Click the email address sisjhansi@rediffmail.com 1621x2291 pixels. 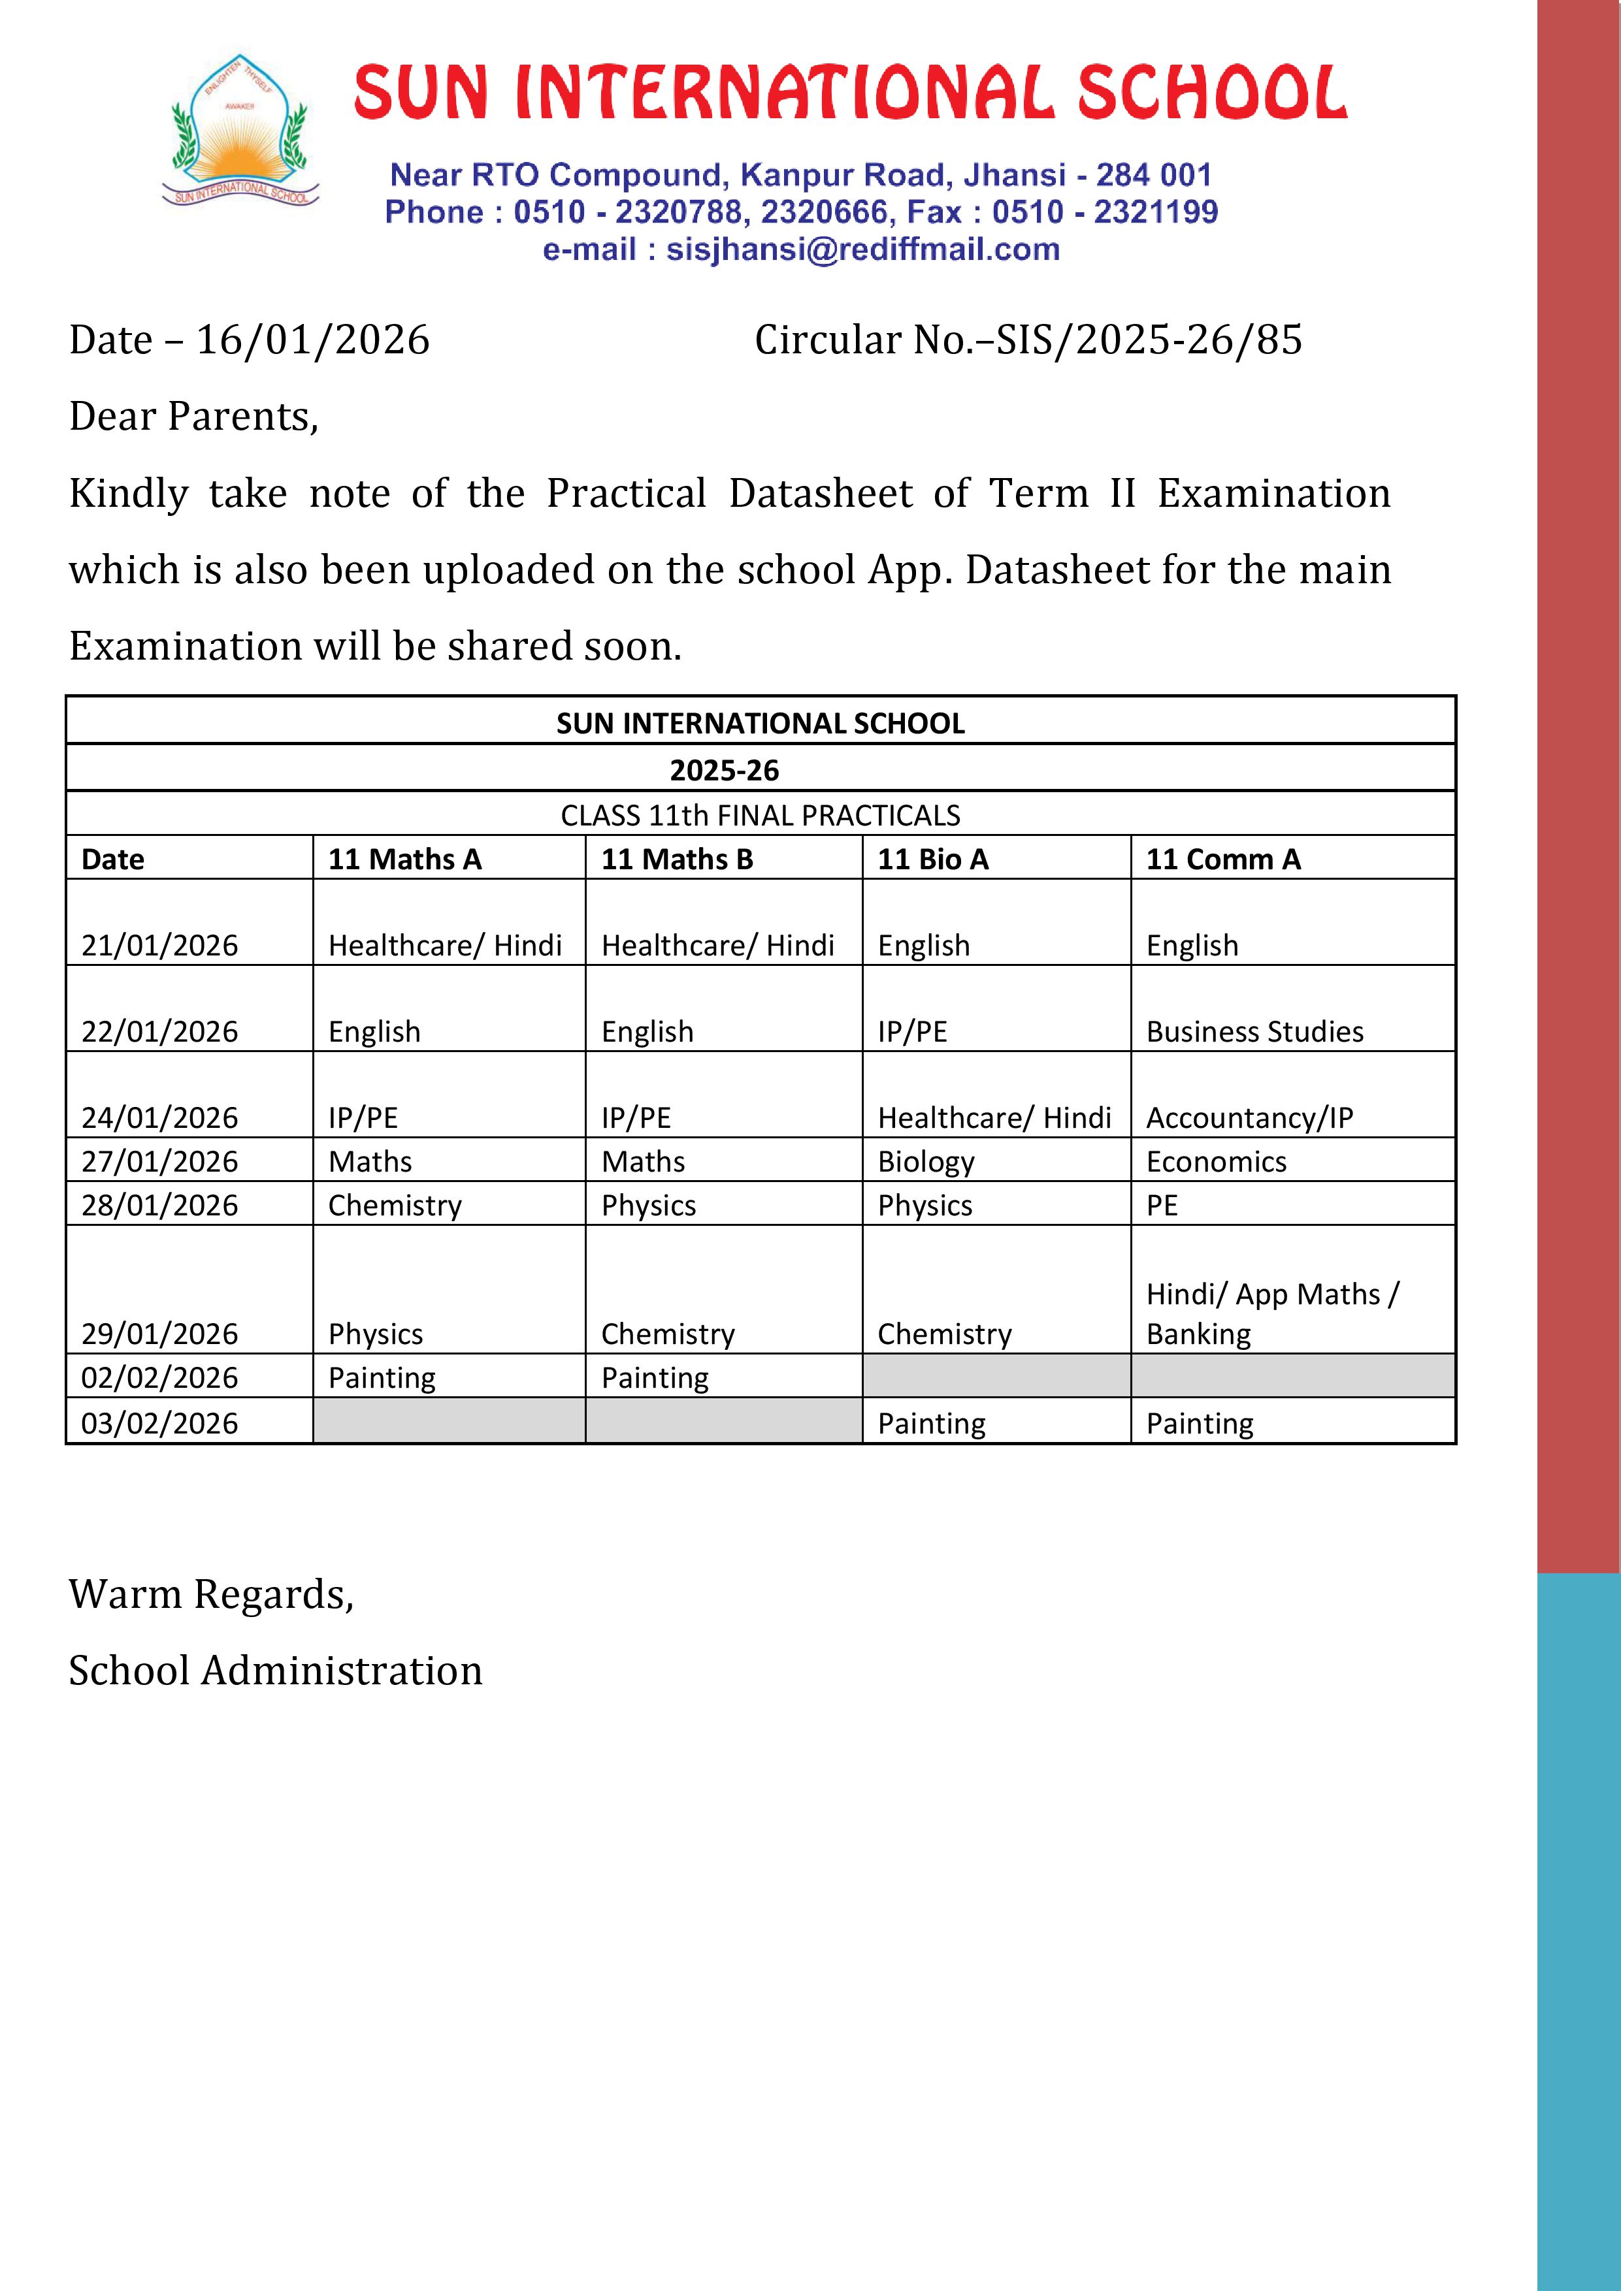click(x=862, y=249)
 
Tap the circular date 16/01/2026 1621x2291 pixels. click(x=312, y=340)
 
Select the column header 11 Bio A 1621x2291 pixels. click(x=932, y=859)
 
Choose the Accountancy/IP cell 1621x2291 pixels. click(x=1250, y=1117)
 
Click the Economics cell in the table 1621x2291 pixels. click(x=1216, y=1161)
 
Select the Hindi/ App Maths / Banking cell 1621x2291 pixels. click(x=1273, y=1313)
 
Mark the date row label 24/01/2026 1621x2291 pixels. click(x=159, y=1117)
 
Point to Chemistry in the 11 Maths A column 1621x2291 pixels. click(x=395, y=1206)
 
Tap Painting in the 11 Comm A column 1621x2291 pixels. click(x=1199, y=1423)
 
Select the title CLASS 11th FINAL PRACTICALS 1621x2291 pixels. click(x=760, y=815)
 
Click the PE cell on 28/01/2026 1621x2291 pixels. click(x=1162, y=1206)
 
